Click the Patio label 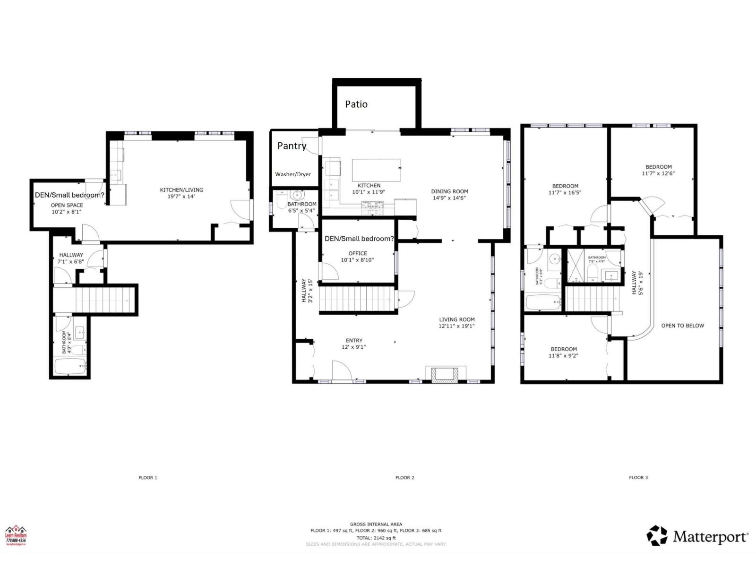pos(356,104)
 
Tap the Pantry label pos(292,146)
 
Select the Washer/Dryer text pos(293,174)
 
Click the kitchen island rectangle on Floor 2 pos(376,170)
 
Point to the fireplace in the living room pos(443,374)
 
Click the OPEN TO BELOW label pos(682,326)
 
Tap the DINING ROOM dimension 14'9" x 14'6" pos(449,198)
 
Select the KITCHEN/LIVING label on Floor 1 pos(181,189)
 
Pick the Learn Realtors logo pos(16,536)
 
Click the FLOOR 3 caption pos(638,477)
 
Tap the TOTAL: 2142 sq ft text pos(376,538)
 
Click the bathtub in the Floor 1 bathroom pos(70,366)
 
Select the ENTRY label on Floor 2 pos(354,340)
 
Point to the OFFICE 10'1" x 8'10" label pos(358,257)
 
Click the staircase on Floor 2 pos(357,299)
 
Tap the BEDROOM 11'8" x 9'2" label pos(564,352)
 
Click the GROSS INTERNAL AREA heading pos(376,524)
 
